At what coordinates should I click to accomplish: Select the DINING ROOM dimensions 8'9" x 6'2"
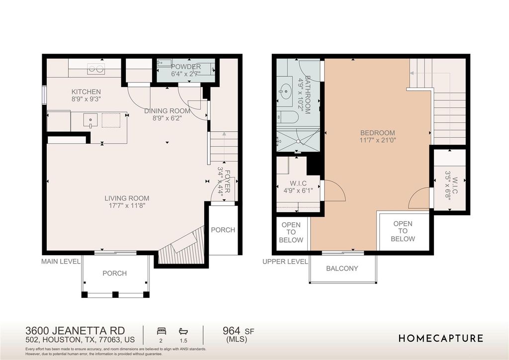tap(167, 118)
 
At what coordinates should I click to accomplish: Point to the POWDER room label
tap(186, 67)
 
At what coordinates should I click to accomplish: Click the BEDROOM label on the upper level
tap(378, 133)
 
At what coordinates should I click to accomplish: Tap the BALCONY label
tap(342, 269)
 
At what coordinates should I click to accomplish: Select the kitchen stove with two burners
tap(96, 69)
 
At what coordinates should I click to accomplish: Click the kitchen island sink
tap(90, 120)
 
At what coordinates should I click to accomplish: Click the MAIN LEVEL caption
tap(61, 262)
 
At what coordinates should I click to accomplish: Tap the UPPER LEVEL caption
tap(285, 262)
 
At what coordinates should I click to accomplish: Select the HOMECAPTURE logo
tap(441, 338)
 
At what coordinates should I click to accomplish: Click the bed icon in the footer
tap(162, 331)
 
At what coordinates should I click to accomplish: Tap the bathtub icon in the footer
tap(183, 331)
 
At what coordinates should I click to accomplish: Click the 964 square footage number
tap(232, 331)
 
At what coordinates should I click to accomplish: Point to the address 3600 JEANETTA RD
tap(75, 331)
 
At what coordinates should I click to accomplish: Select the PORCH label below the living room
tap(115, 273)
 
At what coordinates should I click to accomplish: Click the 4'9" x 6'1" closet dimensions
tap(298, 191)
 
